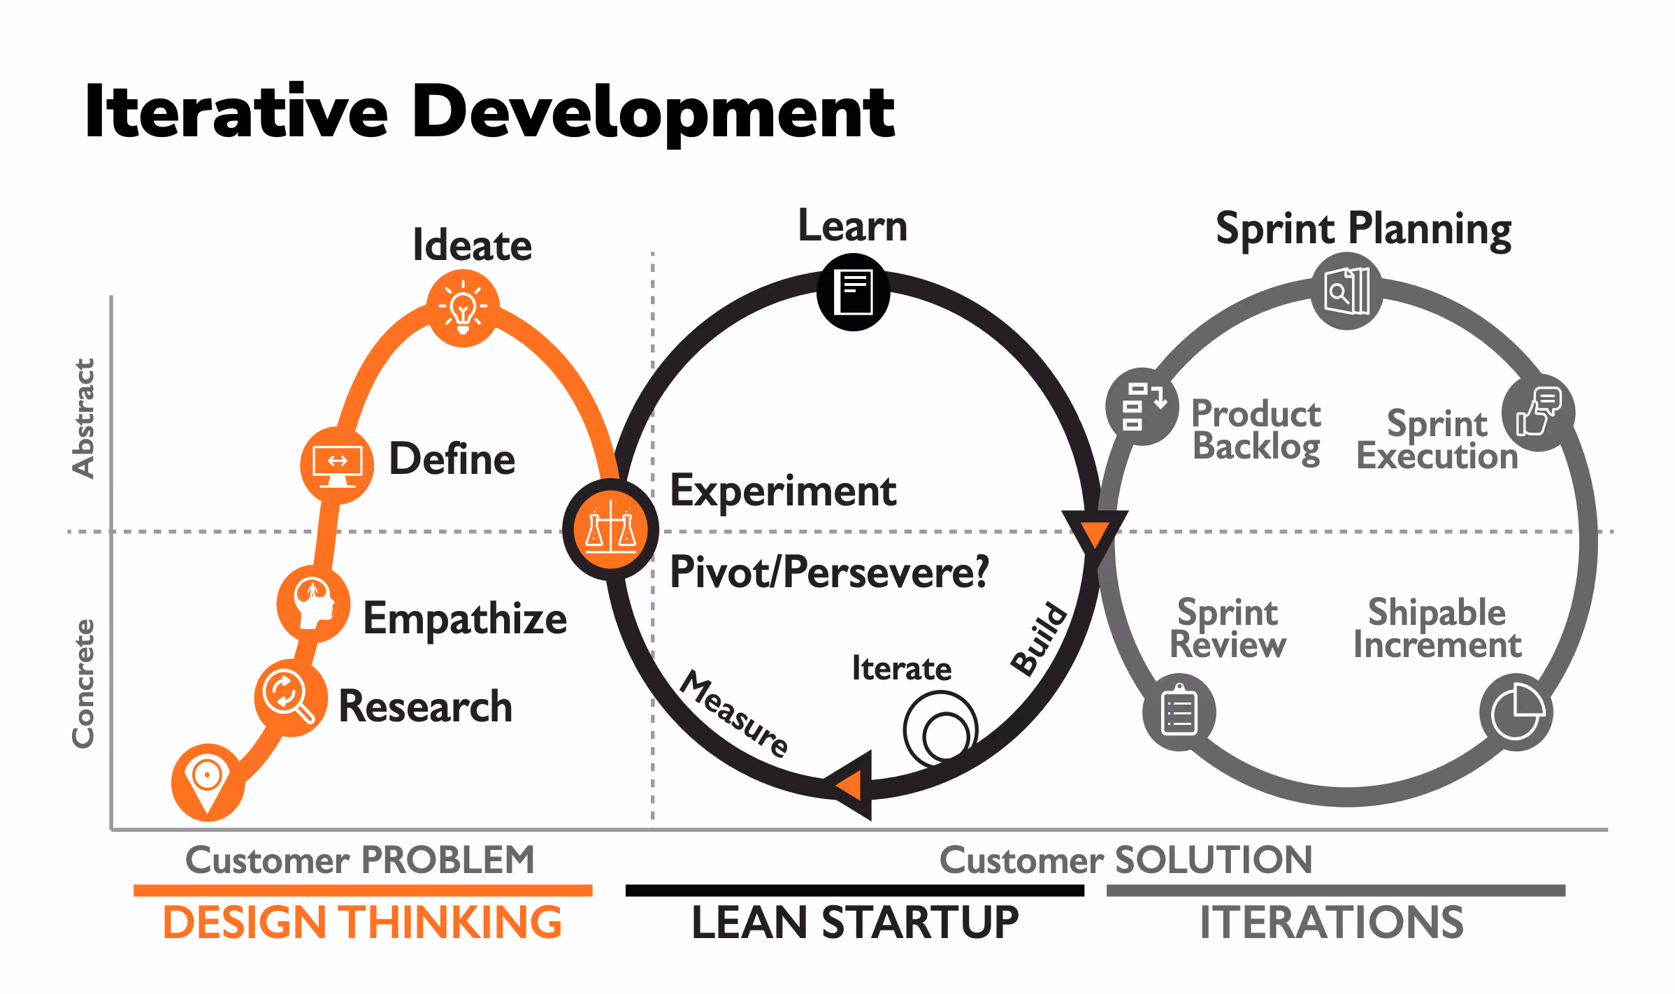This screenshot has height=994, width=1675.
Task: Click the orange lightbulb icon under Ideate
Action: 463,308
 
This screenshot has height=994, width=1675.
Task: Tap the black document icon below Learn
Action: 854,292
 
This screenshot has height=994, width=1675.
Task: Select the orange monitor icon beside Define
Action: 337,465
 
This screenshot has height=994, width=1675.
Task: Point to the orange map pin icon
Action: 208,781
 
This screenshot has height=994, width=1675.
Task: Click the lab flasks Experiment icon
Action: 610,529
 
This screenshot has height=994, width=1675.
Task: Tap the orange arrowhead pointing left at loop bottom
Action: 851,785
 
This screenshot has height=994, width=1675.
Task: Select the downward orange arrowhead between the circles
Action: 1094,535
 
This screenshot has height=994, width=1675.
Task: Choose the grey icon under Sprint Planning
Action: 1346,291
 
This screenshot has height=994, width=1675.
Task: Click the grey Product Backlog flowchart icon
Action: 1142,406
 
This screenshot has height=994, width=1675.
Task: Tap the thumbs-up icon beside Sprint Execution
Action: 1538,412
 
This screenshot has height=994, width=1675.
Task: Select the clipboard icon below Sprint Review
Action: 1179,712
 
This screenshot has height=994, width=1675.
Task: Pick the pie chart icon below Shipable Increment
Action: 1516,712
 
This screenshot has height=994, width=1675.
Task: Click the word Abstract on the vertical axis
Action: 83,418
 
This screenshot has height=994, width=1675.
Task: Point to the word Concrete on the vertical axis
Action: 83,683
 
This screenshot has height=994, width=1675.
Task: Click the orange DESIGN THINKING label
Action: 362,922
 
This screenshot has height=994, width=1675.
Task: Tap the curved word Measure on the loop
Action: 734,713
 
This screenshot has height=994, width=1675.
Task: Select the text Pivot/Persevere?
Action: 829,572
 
